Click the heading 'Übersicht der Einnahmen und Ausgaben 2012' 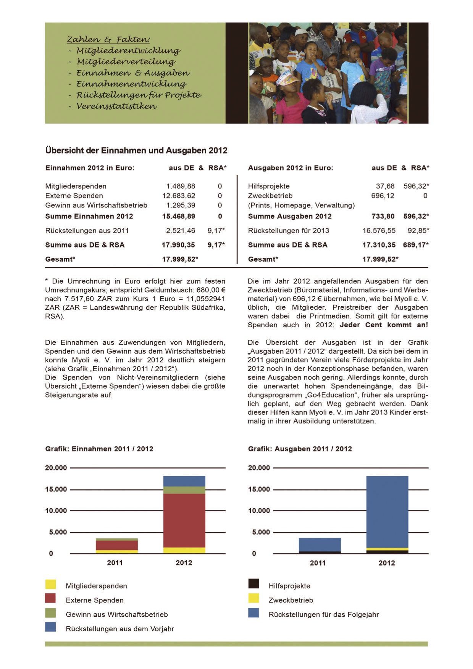[x=136, y=150]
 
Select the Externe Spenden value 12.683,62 [x=179, y=196]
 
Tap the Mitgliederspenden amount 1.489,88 [x=181, y=186]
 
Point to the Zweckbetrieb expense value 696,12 [x=383, y=196]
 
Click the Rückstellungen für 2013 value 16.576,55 [x=379, y=231]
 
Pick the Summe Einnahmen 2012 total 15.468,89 [x=178, y=216]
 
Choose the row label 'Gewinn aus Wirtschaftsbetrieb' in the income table [x=96, y=205]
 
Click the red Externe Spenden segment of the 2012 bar [x=184, y=520]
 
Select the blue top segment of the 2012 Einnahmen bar [x=184, y=481]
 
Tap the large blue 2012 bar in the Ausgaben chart [x=387, y=512]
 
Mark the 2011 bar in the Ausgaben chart [x=320, y=545]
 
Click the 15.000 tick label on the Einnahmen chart [x=56, y=489]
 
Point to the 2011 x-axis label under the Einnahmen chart [x=115, y=563]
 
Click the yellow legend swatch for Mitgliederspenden [x=50, y=584]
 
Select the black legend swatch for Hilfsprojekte [x=253, y=583]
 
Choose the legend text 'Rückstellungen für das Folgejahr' [x=323, y=614]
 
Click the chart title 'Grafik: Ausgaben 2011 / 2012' [x=300, y=449]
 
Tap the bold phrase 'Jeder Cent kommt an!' [x=384, y=325]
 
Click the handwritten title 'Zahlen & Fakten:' [x=108, y=40]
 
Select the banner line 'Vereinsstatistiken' [x=116, y=107]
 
